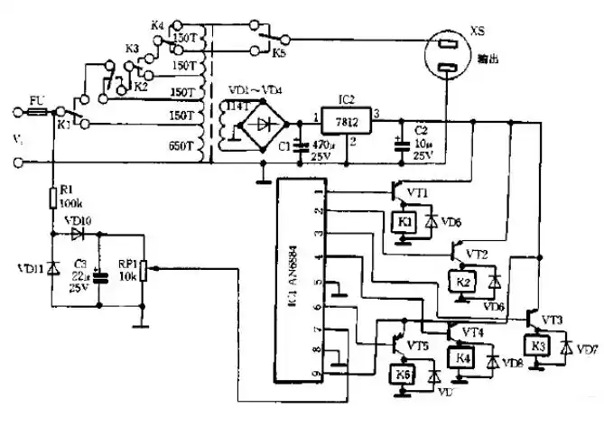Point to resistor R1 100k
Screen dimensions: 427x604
click(x=53, y=196)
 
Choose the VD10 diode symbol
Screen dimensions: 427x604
click(x=78, y=233)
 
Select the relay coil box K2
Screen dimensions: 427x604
click(x=464, y=283)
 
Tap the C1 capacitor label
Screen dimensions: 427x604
click(x=286, y=145)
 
